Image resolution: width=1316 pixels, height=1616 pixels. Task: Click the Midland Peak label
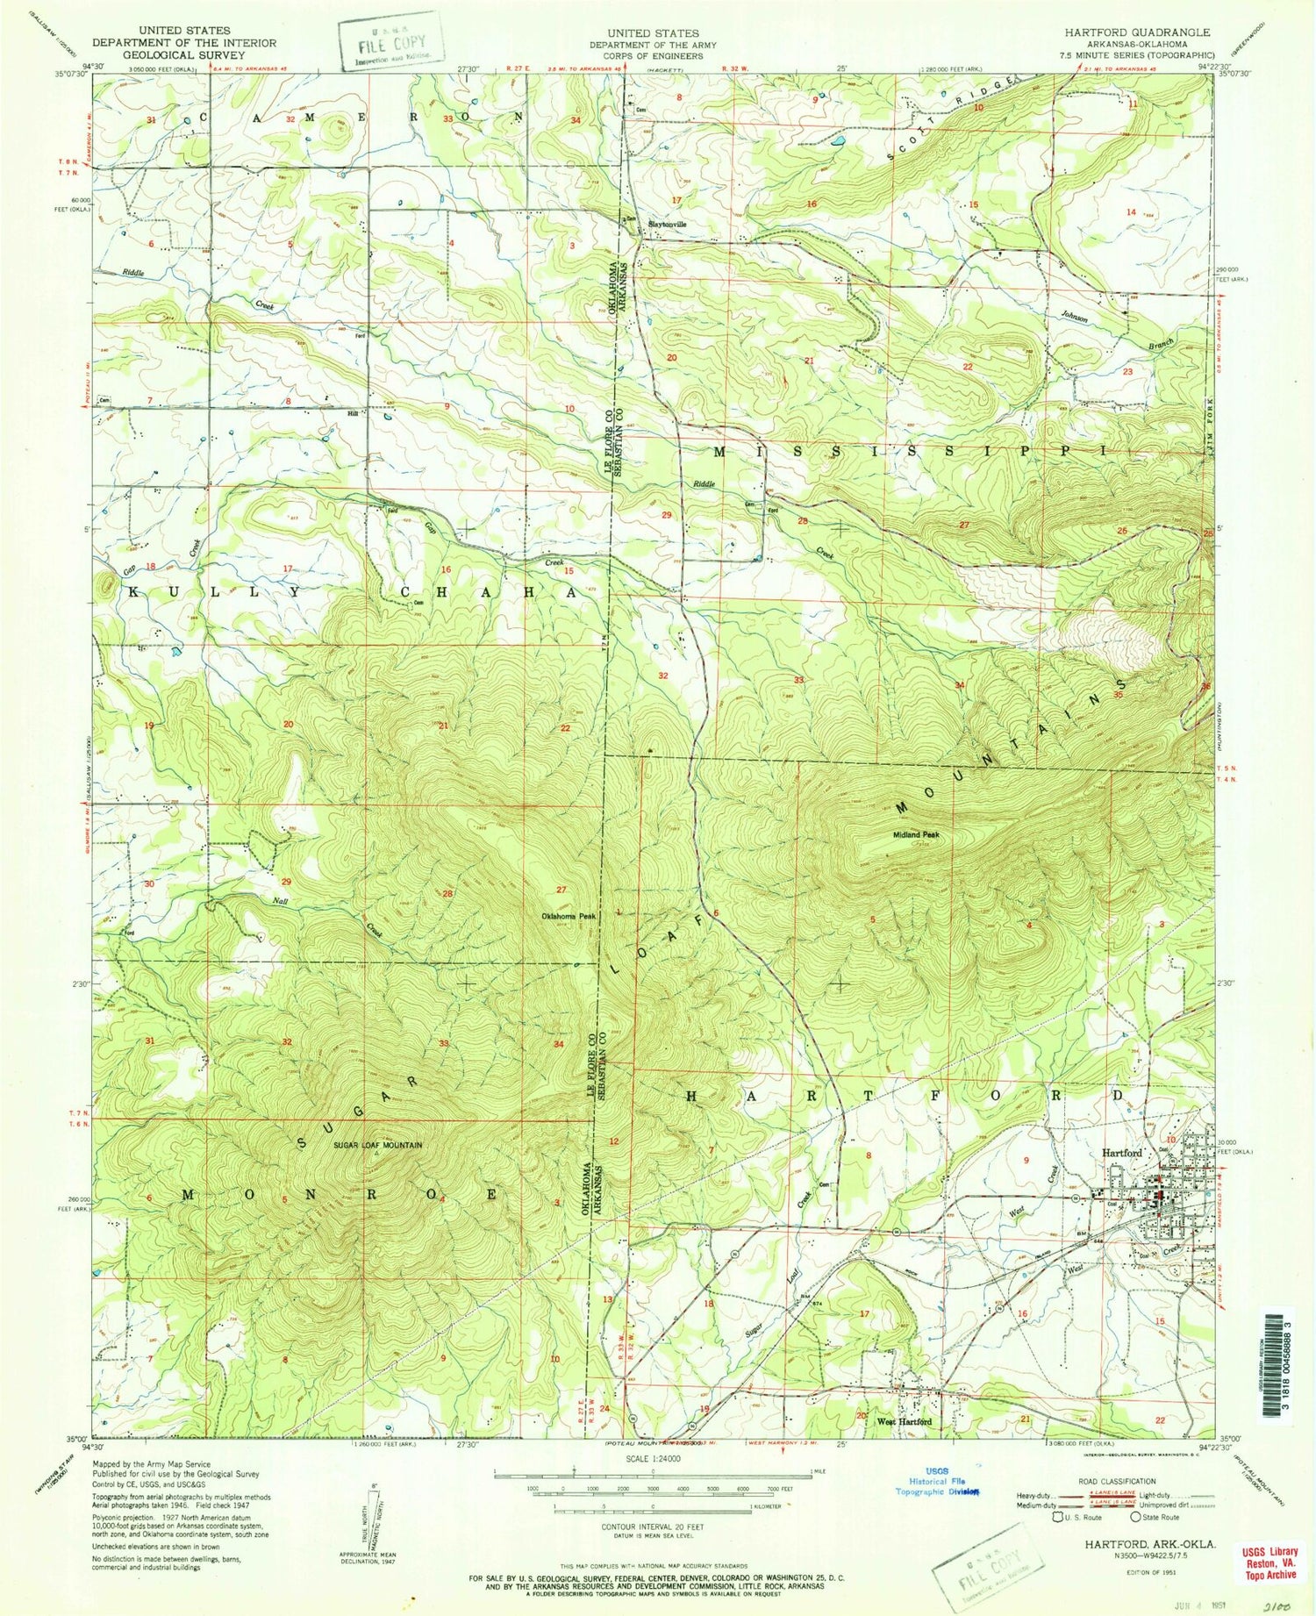coord(917,834)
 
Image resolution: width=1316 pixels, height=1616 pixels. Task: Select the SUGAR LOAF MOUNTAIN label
coord(377,1145)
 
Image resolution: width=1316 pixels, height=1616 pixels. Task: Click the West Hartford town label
coord(903,1421)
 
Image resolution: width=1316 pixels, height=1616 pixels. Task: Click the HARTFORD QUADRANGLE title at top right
coord(1137,32)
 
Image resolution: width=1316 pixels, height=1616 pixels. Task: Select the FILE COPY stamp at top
coord(389,42)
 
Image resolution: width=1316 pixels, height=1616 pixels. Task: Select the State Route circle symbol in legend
coord(1135,1517)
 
